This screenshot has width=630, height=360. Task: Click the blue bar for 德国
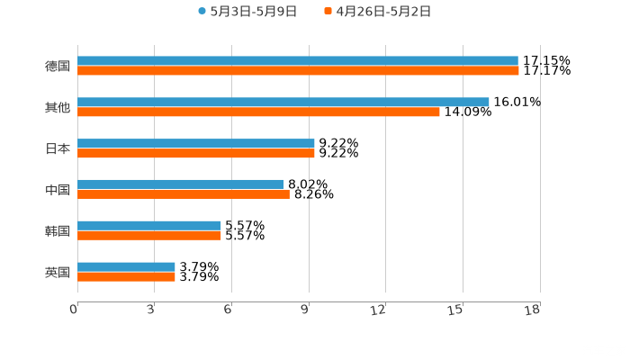(x=297, y=61)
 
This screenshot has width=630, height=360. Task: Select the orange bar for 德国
(x=297, y=70)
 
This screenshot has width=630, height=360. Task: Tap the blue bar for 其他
(x=283, y=102)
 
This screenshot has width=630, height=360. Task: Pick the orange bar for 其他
(x=258, y=112)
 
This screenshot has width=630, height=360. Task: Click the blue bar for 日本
(x=195, y=143)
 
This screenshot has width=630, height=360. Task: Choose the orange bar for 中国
(x=183, y=193)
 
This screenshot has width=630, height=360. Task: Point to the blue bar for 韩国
(x=148, y=226)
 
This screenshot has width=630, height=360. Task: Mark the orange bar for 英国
(x=126, y=276)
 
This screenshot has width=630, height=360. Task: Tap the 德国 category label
(x=58, y=66)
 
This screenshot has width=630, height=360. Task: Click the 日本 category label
(x=58, y=148)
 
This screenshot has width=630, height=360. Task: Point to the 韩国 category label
(x=58, y=230)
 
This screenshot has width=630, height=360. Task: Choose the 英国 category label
(x=58, y=272)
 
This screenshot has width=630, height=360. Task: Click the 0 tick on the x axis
(x=74, y=309)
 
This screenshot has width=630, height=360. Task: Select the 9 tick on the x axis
(x=306, y=309)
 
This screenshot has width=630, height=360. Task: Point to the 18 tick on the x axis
(x=533, y=309)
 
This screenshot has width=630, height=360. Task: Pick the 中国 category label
(x=58, y=190)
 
